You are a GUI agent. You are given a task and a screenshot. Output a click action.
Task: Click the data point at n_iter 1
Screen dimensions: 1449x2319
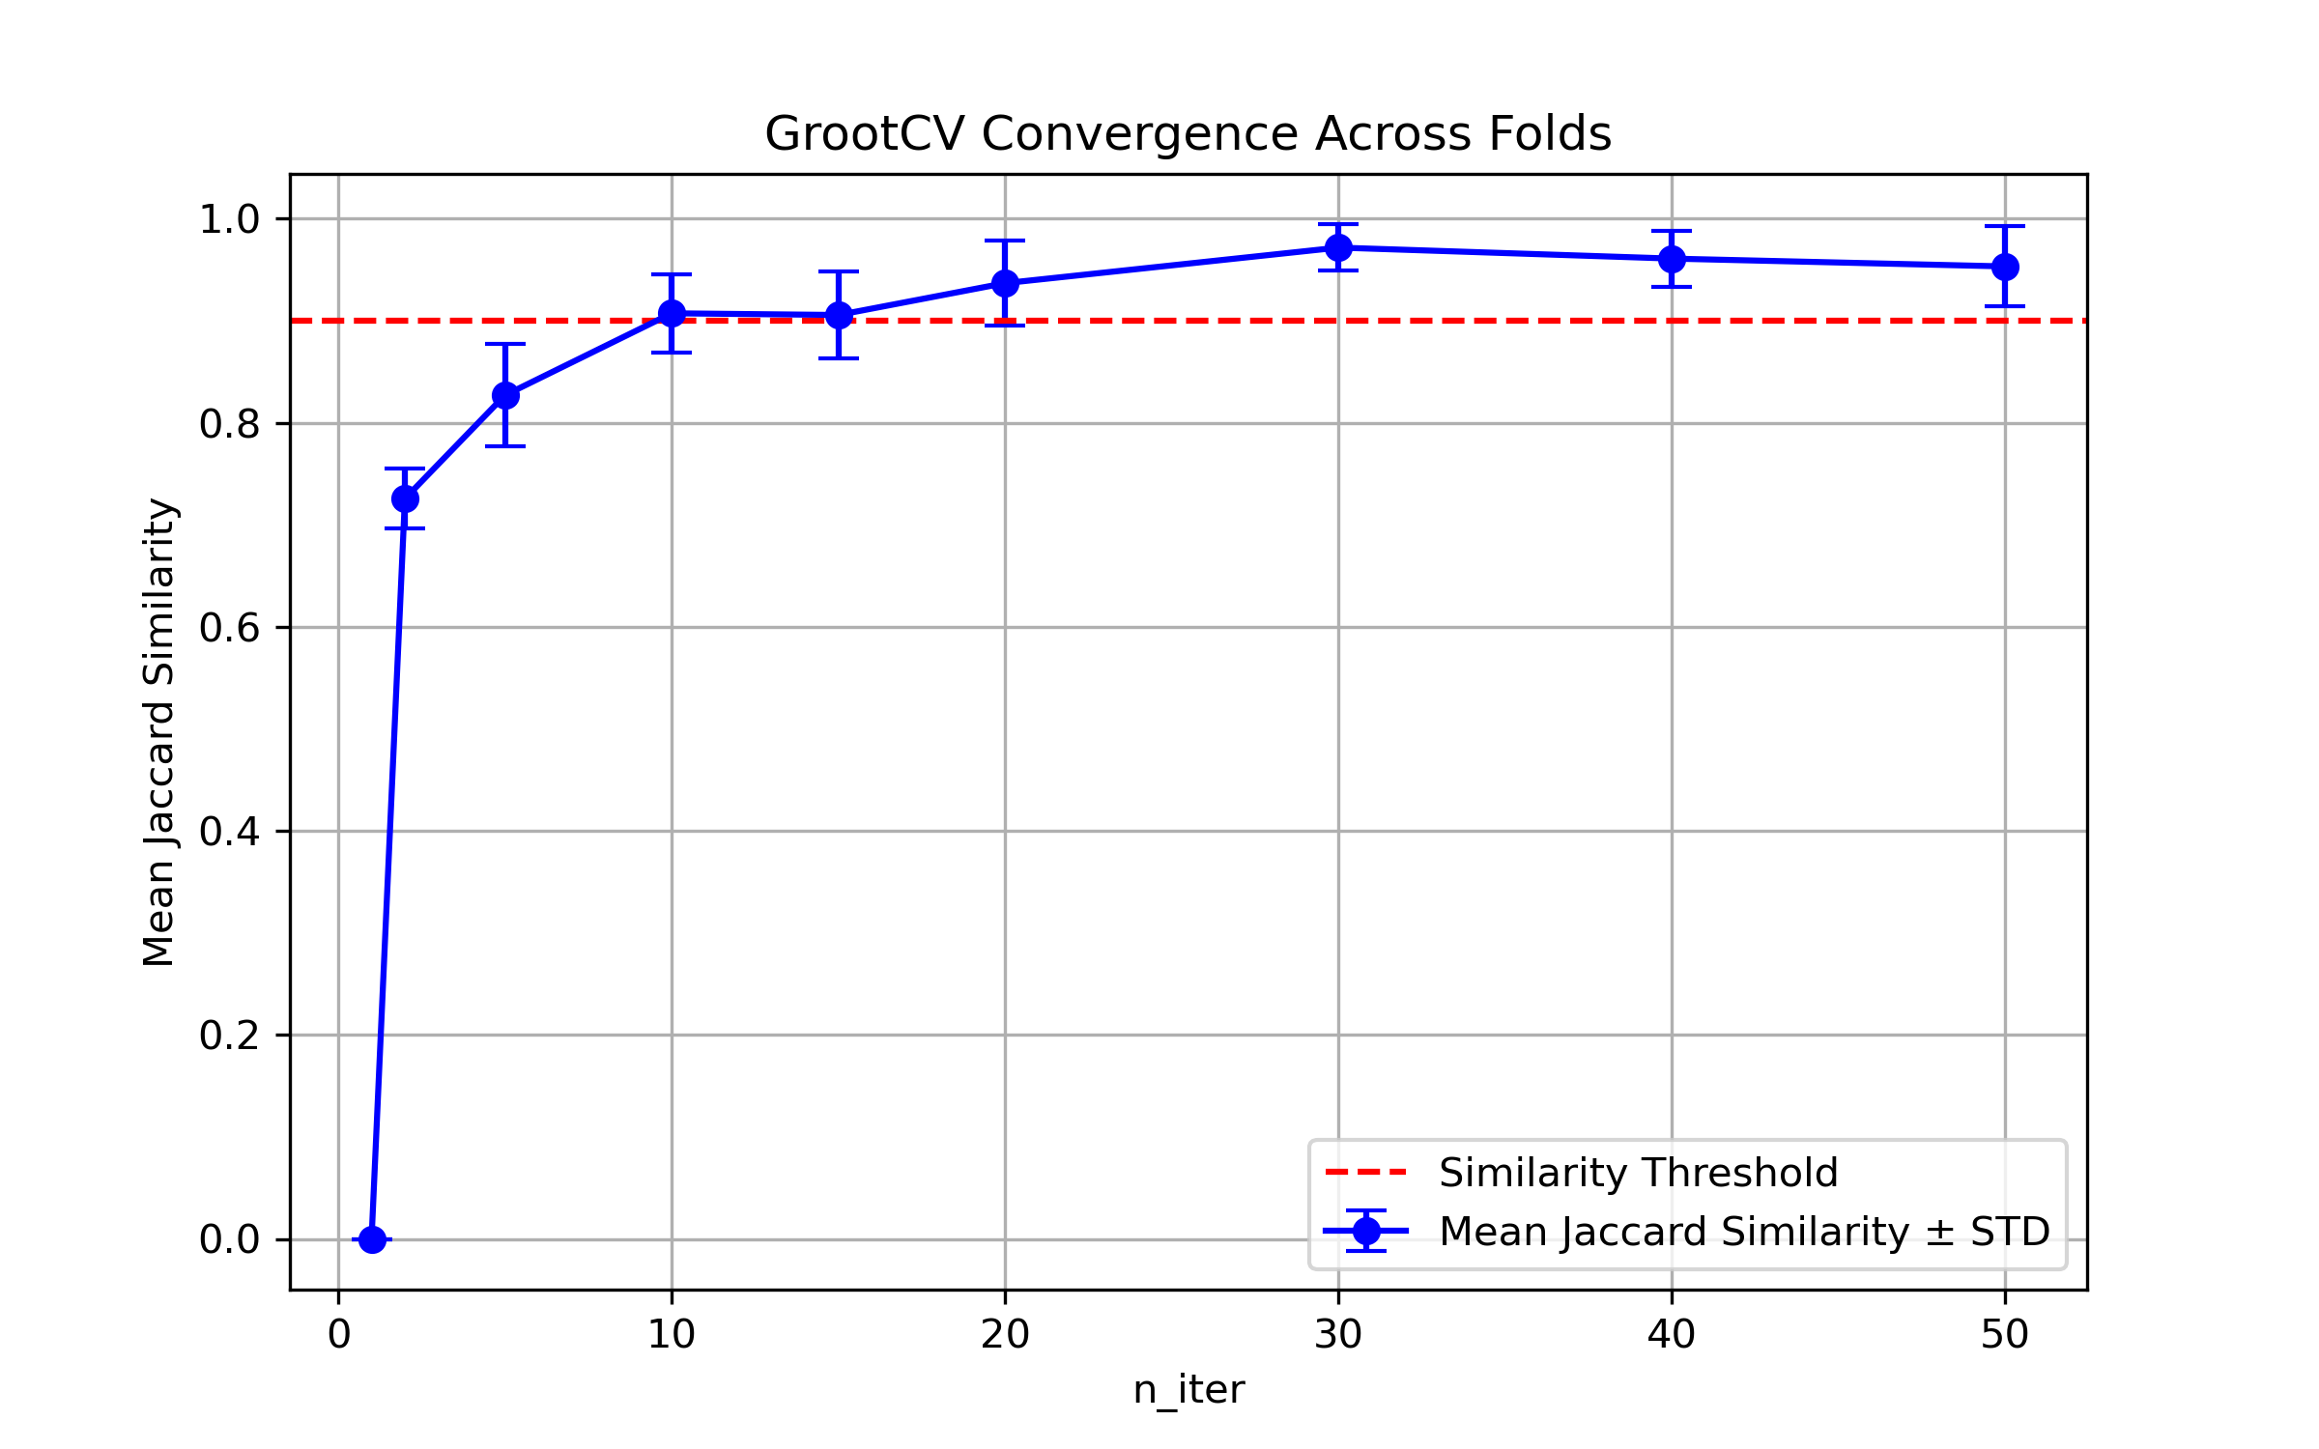[372, 1239]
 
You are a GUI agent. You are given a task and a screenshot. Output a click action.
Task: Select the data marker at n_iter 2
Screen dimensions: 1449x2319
[405, 498]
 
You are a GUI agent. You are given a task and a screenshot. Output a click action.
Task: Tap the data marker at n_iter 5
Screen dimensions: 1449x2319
[505, 395]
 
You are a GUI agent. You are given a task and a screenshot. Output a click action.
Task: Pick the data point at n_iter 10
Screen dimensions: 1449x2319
[672, 313]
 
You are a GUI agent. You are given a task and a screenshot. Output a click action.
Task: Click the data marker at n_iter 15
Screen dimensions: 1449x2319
[839, 315]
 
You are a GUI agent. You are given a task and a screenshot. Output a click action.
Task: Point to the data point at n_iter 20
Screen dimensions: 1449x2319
[1005, 283]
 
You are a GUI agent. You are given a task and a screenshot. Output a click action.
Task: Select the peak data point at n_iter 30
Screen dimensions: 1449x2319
[1338, 247]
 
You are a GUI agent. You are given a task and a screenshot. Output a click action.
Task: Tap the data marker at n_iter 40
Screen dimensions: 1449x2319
[1672, 259]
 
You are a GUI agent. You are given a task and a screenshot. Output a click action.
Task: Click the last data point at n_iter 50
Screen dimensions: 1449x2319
[2005, 267]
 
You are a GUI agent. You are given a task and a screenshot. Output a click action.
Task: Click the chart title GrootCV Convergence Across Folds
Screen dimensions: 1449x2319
[1188, 133]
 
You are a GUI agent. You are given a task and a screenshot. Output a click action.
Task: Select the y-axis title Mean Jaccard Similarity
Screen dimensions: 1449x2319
[158, 731]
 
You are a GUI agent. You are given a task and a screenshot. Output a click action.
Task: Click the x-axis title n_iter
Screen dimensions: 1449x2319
[1188, 1390]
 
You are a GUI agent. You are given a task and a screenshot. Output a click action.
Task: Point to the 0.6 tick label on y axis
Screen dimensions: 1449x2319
[230, 628]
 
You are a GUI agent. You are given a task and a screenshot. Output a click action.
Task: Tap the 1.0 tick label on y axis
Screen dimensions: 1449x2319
[230, 219]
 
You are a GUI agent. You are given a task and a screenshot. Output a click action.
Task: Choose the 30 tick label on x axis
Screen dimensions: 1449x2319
[1338, 1335]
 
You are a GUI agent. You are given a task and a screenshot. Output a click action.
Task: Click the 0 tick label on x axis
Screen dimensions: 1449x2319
[339, 1335]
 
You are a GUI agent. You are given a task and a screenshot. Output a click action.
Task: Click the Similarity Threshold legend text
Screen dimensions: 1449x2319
[1638, 1173]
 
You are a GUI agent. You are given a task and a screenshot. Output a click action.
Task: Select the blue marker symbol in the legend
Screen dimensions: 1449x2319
[1366, 1231]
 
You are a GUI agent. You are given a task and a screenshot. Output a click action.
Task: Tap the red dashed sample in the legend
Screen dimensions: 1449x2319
[1366, 1173]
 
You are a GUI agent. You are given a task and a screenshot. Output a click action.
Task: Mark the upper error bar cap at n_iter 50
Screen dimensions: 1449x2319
[2005, 226]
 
